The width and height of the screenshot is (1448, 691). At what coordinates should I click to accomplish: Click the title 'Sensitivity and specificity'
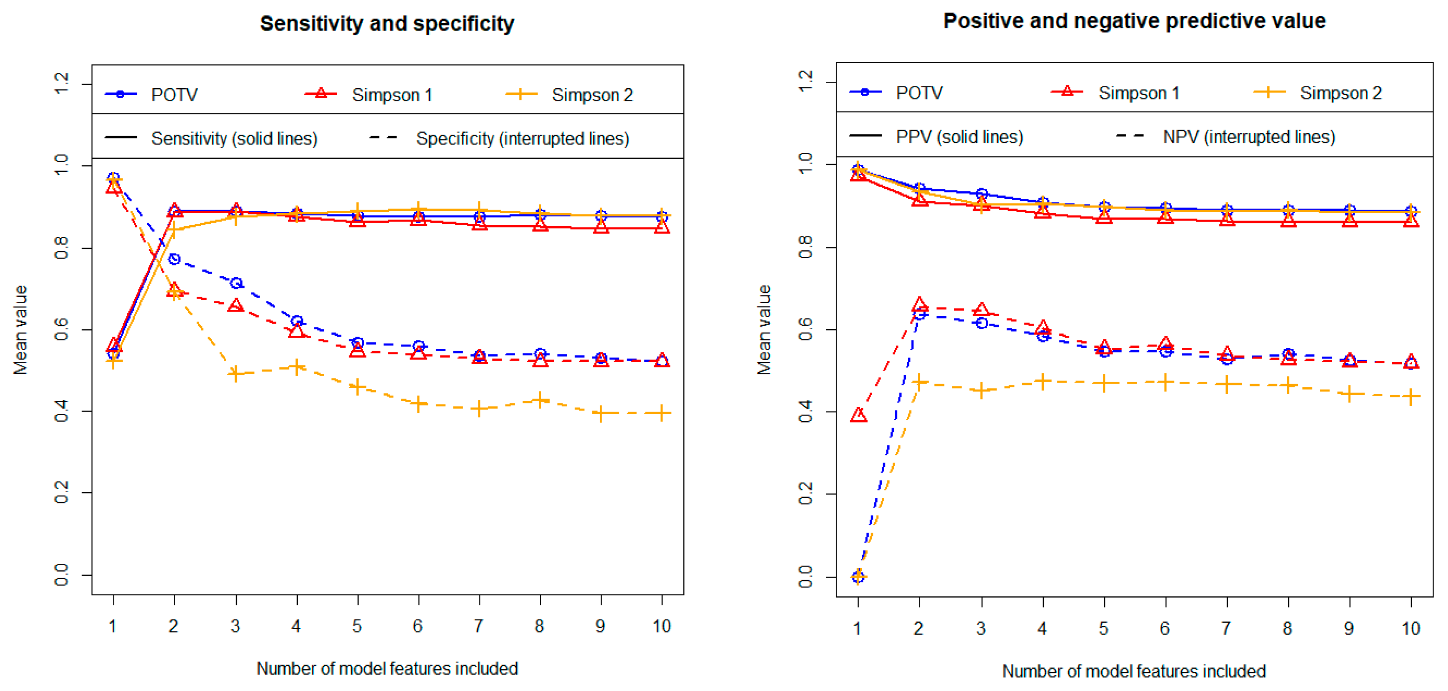(387, 24)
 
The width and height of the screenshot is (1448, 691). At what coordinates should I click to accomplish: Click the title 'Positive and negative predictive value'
(1134, 21)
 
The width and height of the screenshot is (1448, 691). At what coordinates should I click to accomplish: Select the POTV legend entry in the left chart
(174, 95)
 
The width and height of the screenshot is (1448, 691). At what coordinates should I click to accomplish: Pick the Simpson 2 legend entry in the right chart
(1340, 93)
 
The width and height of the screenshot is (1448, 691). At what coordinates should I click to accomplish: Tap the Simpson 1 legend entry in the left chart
(392, 95)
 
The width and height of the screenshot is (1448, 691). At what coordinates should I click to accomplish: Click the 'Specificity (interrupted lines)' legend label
(522, 139)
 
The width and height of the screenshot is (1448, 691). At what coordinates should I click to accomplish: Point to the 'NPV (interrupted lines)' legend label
(1248, 137)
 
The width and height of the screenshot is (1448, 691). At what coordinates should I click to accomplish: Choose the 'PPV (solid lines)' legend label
(959, 137)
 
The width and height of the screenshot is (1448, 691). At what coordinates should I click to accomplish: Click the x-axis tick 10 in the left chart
(662, 626)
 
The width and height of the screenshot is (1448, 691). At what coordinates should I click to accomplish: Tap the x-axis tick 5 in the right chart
(1103, 628)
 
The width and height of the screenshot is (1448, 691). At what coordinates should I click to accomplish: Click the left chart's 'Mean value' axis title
(21, 330)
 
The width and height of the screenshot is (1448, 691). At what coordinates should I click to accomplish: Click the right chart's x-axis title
(1134, 671)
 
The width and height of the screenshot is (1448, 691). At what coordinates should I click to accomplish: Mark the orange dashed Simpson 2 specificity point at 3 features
(236, 373)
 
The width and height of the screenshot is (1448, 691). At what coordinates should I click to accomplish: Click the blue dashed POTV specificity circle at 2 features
(174, 260)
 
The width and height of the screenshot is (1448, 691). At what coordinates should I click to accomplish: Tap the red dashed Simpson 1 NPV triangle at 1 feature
(858, 416)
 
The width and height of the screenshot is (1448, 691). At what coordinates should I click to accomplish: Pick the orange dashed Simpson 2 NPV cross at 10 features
(1411, 397)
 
